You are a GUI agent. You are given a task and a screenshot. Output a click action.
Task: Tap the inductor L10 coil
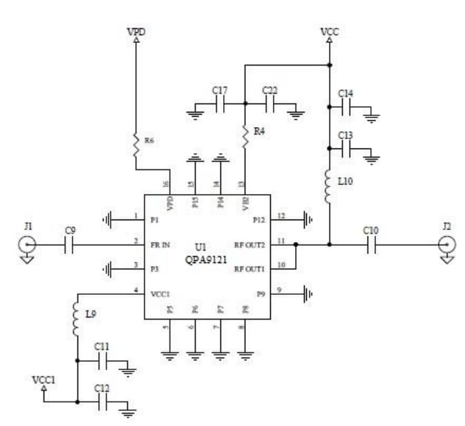[330, 186]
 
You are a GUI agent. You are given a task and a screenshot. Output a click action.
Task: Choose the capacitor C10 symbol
[372, 244]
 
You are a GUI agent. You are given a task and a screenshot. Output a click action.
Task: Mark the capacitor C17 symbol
[220, 105]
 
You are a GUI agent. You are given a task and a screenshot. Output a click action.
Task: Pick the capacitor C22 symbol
[269, 105]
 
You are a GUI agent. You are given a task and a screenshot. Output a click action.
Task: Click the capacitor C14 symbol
[346, 107]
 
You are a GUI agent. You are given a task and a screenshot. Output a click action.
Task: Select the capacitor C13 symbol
[346, 148]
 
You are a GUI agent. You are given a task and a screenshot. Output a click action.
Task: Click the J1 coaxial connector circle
[26, 244]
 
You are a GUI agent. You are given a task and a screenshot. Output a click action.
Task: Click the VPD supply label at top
[135, 32]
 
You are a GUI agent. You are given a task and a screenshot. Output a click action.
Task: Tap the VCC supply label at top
[330, 32]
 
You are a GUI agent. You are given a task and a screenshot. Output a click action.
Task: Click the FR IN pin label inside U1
[161, 244]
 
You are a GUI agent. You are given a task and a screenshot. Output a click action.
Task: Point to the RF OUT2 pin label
[249, 244]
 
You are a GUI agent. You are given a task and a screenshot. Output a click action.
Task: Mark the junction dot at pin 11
[296, 244]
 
